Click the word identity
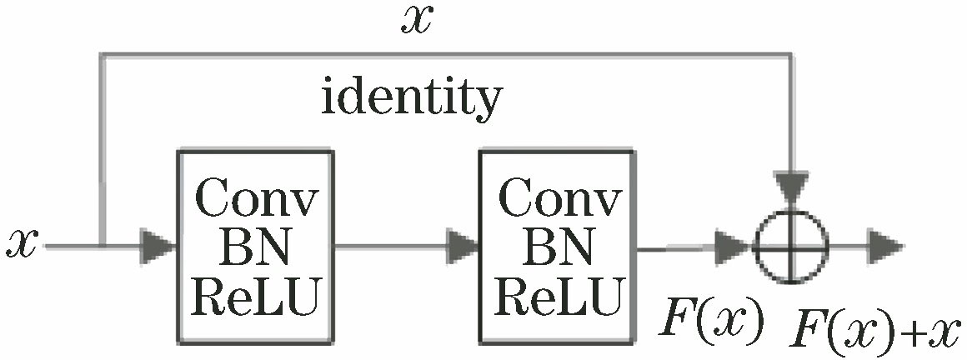(412, 100)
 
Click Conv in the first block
(255, 199)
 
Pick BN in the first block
(254, 247)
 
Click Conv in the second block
(559, 199)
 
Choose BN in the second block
(557, 247)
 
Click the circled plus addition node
(791, 247)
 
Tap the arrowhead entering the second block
(463, 247)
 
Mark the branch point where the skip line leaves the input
(100, 247)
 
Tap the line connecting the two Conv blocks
(392, 247)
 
